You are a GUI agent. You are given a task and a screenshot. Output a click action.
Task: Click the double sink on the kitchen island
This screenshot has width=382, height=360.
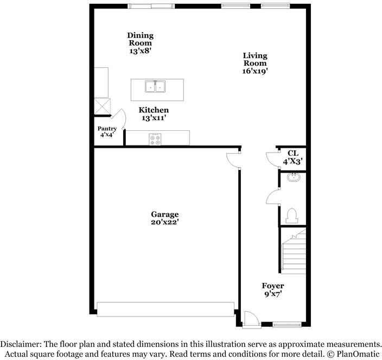pyautogui.click(x=156, y=86)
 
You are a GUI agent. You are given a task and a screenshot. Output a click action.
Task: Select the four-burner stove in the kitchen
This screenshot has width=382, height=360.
pyautogui.click(x=155, y=139)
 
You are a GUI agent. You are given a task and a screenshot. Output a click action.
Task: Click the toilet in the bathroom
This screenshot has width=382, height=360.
pyautogui.click(x=292, y=216)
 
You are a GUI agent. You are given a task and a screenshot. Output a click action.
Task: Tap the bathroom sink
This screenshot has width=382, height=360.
pyautogui.click(x=293, y=176)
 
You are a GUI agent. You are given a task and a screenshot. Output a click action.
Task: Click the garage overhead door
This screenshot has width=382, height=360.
pyautogui.click(x=165, y=308)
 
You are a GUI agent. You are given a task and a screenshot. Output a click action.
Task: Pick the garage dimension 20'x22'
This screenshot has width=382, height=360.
pyautogui.click(x=165, y=222)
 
